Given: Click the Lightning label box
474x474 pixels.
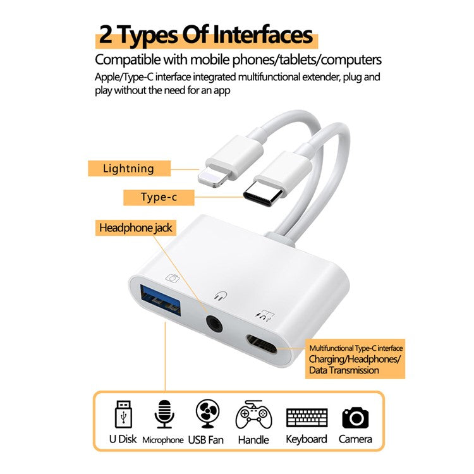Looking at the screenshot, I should (129, 168).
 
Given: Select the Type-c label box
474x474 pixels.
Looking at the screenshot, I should (159, 197).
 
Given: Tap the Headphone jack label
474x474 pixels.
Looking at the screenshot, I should (135, 228).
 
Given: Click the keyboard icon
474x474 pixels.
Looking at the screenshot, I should (307, 417).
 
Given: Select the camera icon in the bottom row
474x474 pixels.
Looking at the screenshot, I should (355, 416).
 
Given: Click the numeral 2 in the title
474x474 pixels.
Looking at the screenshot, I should (107, 35).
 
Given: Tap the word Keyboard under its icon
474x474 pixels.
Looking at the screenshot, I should (307, 439).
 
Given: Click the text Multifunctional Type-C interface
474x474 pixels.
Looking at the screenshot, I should (356, 348).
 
